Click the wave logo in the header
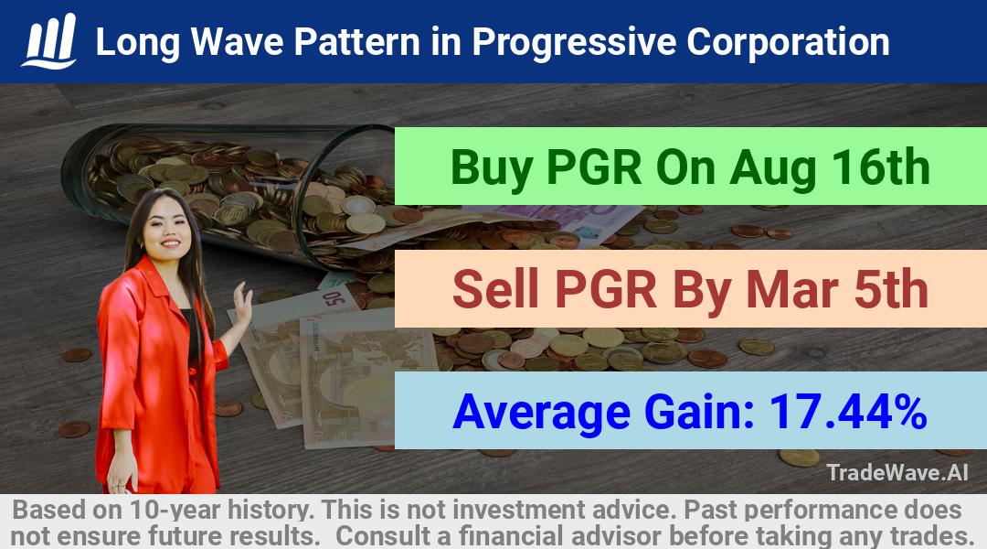click(49, 41)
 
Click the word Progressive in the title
click(573, 43)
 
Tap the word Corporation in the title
click(788, 41)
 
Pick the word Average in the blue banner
click(541, 413)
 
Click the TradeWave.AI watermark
click(897, 472)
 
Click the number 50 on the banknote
click(334, 297)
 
